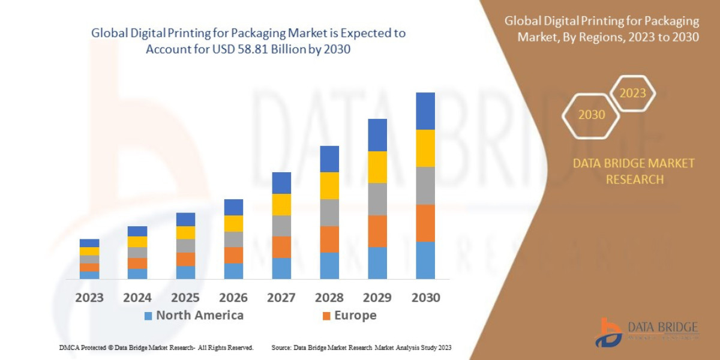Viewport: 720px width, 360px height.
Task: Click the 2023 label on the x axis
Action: [x=89, y=298]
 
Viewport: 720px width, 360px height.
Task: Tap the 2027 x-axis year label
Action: [x=281, y=298]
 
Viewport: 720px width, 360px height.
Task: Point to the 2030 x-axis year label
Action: [x=425, y=298]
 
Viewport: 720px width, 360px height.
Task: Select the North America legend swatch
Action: [x=148, y=316]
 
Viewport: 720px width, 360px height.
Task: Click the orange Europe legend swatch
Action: [x=326, y=316]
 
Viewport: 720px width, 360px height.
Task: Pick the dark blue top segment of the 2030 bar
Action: [x=425, y=111]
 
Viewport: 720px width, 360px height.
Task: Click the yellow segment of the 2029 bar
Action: [x=377, y=167]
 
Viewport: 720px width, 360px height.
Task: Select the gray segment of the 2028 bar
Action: [x=329, y=212]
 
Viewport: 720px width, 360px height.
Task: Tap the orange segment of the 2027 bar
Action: [x=281, y=247]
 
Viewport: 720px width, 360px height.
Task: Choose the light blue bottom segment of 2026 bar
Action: [x=233, y=271]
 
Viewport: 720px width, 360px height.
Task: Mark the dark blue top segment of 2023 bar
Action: [x=89, y=243]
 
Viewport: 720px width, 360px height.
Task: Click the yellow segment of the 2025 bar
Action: [x=185, y=233]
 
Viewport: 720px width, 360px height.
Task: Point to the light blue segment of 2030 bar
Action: [x=425, y=260]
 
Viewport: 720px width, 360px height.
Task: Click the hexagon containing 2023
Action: [x=632, y=94]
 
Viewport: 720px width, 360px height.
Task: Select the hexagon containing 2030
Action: [x=592, y=115]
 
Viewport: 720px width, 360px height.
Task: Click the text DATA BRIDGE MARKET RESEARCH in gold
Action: [x=634, y=171]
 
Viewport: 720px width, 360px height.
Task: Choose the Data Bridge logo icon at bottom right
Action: [x=609, y=332]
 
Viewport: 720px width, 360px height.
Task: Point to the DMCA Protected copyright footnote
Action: [x=156, y=347]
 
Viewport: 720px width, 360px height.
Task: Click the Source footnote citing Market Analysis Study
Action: [x=361, y=347]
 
